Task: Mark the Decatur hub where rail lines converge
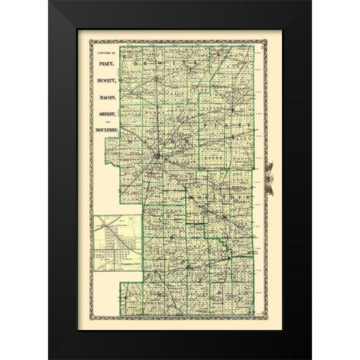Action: tap(160, 156)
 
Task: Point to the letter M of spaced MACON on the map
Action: tap(131, 139)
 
